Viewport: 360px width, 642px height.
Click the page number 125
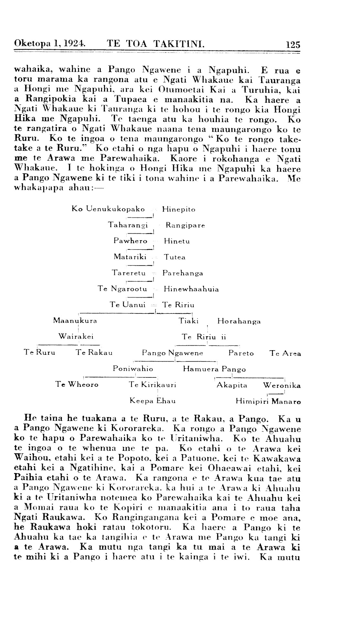(x=293, y=44)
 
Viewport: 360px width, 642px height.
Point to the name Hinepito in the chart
(x=179, y=209)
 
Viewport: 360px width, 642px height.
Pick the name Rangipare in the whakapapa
(x=185, y=225)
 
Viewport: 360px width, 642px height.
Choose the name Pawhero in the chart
(x=130, y=241)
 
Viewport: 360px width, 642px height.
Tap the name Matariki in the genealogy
(x=130, y=257)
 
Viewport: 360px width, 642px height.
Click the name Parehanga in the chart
(x=183, y=273)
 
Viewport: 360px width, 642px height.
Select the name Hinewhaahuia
(x=191, y=289)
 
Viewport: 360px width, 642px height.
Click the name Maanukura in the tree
(x=75, y=321)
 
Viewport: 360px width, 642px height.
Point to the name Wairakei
(x=76, y=337)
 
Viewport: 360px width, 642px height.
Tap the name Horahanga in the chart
(x=239, y=321)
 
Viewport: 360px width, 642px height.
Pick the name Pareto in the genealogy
(x=241, y=353)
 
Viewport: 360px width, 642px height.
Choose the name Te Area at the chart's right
(x=285, y=353)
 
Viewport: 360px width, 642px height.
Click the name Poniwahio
(x=133, y=369)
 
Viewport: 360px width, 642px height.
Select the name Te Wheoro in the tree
(x=77, y=385)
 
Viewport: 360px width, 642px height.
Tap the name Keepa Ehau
(x=153, y=401)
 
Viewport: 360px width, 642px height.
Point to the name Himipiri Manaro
(x=268, y=402)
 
